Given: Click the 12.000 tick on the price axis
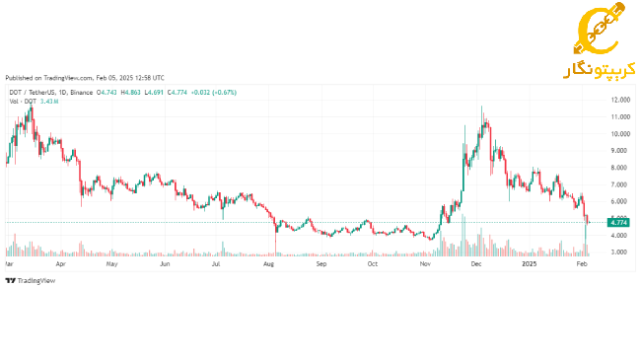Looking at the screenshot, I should click(619, 100).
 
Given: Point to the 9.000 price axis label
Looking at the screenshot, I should click(619, 150).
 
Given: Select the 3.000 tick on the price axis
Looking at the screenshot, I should click(619, 252).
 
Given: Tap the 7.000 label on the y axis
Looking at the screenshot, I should click(619, 184).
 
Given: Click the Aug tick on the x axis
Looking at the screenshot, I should click(268, 264).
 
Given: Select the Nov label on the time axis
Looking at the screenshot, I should click(425, 264).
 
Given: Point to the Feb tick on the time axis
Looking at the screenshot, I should click(581, 264).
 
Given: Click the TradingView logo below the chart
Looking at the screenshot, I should click(31, 280).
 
